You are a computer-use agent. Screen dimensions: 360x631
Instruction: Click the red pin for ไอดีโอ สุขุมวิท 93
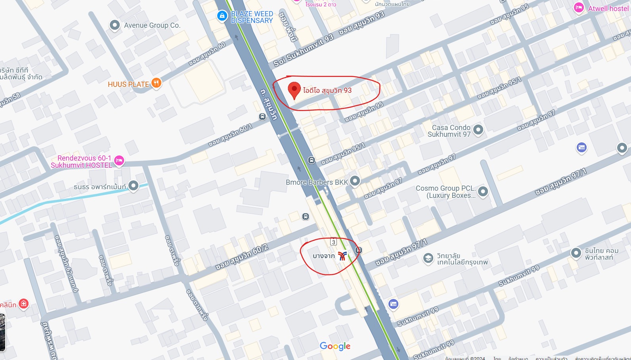[x=294, y=90]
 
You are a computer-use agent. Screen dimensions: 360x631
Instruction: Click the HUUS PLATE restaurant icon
[x=157, y=83]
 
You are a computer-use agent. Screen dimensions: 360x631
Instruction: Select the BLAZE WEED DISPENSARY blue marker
[x=222, y=16]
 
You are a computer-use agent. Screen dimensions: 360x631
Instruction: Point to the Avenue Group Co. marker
[x=115, y=25]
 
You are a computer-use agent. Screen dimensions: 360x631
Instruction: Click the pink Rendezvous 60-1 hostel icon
[x=119, y=161]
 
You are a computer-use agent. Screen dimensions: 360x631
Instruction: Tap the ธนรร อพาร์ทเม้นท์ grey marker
[x=133, y=186]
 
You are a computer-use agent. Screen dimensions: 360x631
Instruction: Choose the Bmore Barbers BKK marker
[x=355, y=181]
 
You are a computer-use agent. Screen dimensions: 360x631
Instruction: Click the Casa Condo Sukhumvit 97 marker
[x=478, y=130]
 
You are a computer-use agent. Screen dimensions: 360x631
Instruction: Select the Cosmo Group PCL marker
[x=483, y=191]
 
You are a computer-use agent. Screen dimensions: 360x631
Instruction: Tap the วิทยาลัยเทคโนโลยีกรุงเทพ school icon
[x=428, y=259]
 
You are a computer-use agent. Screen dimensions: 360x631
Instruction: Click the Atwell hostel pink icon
[x=579, y=8]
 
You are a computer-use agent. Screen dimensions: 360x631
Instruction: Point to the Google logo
[x=335, y=346]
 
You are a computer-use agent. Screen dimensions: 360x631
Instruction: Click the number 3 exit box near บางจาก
[x=333, y=242]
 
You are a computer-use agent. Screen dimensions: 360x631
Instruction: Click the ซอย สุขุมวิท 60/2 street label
[x=242, y=257]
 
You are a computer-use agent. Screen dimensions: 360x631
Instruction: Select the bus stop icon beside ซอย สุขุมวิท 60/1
[x=262, y=117]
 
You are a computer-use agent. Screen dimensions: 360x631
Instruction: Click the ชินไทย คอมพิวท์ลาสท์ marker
[x=576, y=253]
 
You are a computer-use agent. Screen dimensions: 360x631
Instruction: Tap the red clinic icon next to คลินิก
[x=23, y=304]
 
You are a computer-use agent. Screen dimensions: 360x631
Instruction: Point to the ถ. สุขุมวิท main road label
[x=269, y=104]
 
